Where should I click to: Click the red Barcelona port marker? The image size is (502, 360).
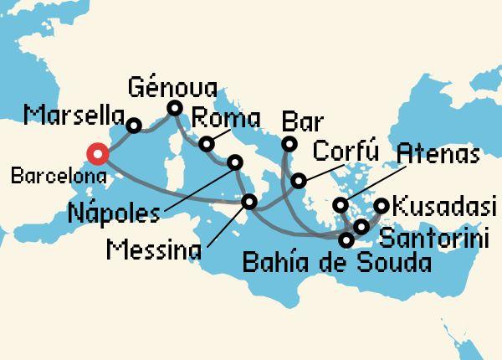click(x=98, y=153)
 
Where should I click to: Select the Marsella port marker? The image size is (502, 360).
click(x=133, y=127)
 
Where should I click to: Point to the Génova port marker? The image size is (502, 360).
click(x=174, y=108)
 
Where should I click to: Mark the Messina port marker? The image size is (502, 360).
click(x=249, y=202)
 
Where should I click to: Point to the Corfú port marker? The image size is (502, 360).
click(x=298, y=180)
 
